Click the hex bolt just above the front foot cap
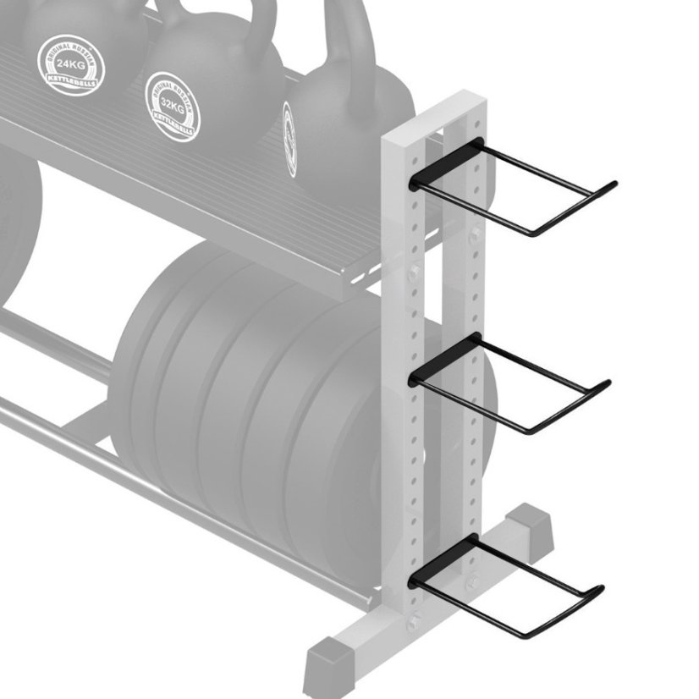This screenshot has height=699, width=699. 412,624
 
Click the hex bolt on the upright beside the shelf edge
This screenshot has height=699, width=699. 414,272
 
